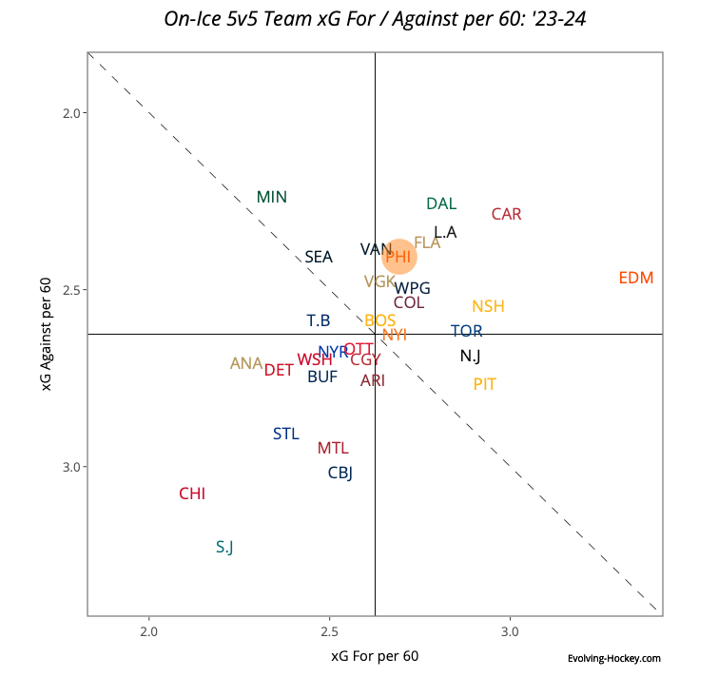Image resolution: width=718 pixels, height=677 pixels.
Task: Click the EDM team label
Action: pos(635,279)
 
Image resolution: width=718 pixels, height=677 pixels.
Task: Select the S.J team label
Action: pos(224,547)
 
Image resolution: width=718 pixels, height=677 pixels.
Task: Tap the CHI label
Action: pos(192,494)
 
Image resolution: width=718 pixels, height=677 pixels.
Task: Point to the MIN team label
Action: pos(272,198)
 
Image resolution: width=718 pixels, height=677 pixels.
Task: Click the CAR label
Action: pos(506,215)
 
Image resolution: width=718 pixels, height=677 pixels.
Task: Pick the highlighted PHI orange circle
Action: pos(399,257)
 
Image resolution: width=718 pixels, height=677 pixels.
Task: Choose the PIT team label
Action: pos(484,385)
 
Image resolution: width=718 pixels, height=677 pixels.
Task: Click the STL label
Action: pos(285,435)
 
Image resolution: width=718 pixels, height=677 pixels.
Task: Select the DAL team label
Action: pos(441,204)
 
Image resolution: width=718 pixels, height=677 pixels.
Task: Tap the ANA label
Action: pos(246,364)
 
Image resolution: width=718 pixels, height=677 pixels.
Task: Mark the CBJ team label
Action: pos(340,474)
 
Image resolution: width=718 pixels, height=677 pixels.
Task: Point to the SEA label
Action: pos(319,258)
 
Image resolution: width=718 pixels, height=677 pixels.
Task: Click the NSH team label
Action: pos(488,307)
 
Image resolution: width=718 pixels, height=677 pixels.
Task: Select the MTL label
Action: pos(333,449)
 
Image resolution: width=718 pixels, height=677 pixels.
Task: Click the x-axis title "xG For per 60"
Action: pos(375,656)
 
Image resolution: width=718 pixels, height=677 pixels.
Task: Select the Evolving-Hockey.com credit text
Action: pos(613,658)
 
